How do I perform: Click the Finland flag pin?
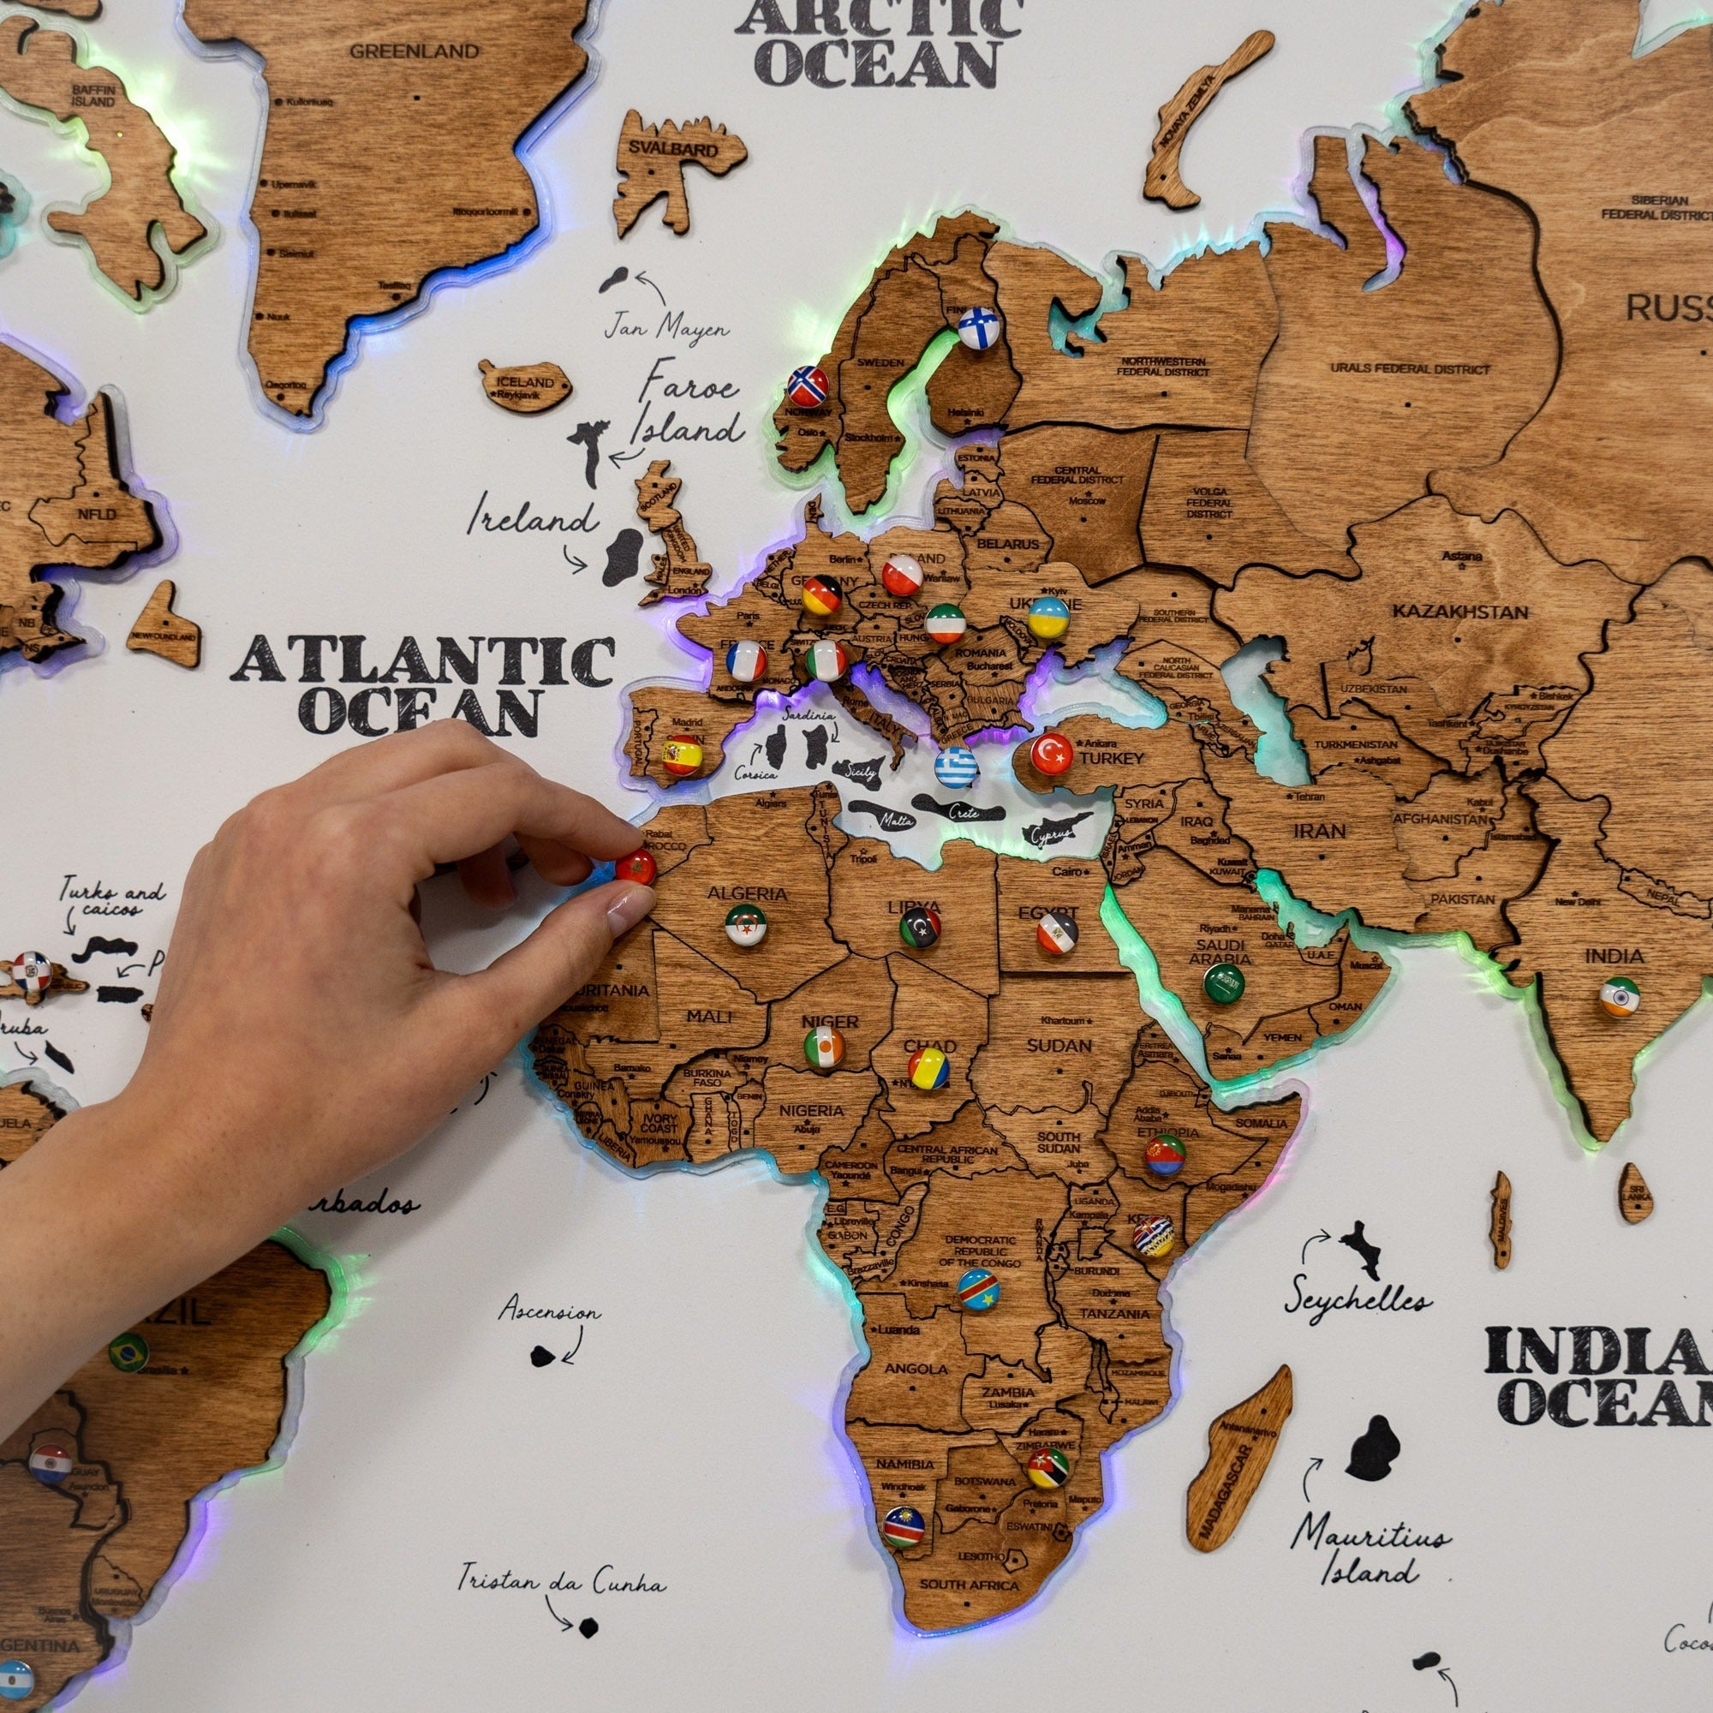pos(978,328)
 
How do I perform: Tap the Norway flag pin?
pos(808,386)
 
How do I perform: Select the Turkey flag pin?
pos(1052,754)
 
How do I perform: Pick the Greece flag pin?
pos(956,767)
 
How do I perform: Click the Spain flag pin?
pos(682,755)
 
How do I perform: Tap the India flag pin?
pos(1620,997)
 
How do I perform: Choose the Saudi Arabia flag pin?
pos(1224,983)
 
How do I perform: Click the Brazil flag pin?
pos(128,1352)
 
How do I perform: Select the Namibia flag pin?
pos(904,1526)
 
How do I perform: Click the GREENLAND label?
pos(414,51)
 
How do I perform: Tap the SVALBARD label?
pos(673,149)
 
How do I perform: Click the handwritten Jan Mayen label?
pos(666,329)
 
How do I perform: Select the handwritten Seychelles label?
pos(1357,1300)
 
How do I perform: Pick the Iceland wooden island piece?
pos(525,386)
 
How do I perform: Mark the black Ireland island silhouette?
pos(624,557)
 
